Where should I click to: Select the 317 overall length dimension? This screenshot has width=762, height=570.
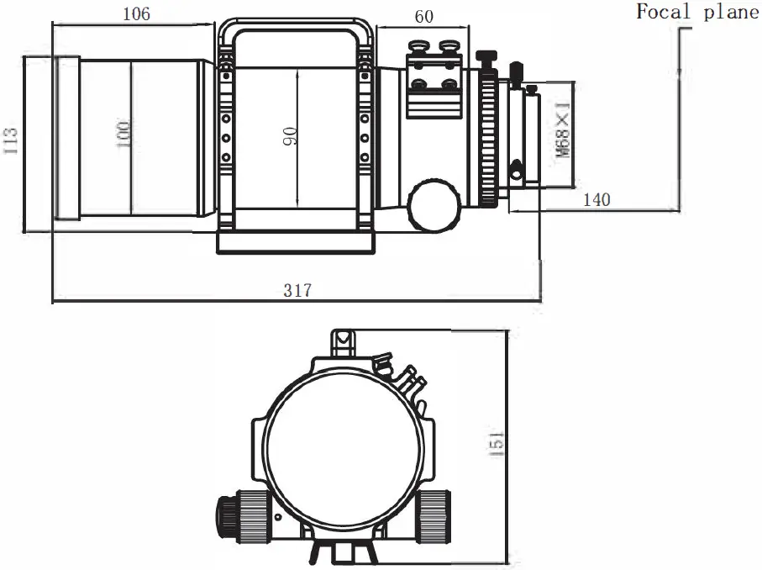[x=297, y=290]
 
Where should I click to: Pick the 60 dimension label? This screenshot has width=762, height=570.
[x=424, y=16]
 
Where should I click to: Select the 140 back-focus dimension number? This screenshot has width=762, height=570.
[x=596, y=199]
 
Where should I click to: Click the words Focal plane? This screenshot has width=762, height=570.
[x=696, y=12]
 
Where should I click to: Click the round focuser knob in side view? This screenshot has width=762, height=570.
[x=434, y=203]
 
